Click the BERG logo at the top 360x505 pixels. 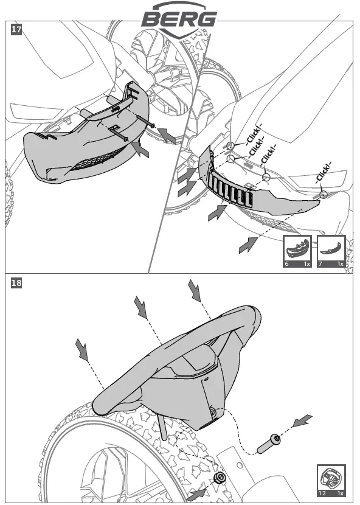(x=179, y=19)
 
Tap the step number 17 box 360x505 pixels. (x=16, y=30)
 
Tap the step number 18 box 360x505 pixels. (x=16, y=283)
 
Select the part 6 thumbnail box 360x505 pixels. (x=297, y=251)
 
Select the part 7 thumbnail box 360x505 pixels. (x=331, y=251)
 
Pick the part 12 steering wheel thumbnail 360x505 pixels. (x=331, y=480)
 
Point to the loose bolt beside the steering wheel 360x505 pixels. (x=268, y=444)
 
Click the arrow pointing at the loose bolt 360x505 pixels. (x=302, y=421)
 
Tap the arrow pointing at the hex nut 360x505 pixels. (x=196, y=495)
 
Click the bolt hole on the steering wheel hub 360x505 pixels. (x=213, y=411)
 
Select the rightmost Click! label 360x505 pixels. (x=324, y=173)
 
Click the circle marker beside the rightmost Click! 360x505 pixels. (x=324, y=194)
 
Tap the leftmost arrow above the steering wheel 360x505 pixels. (x=81, y=350)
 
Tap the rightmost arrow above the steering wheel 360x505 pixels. (x=195, y=291)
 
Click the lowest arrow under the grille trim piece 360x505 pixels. (x=248, y=245)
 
